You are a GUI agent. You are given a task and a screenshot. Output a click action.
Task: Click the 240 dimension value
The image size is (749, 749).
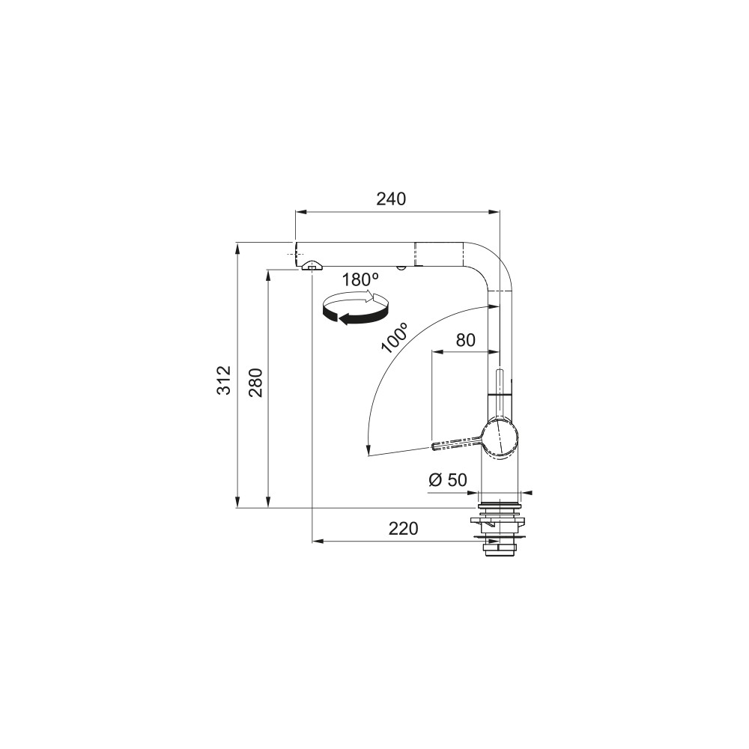pyautogui.click(x=391, y=198)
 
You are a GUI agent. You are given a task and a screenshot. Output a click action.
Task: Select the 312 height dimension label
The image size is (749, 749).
pyautogui.click(x=224, y=380)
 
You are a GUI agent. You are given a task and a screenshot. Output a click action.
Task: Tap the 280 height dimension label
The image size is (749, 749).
pyautogui.click(x=255, y=383)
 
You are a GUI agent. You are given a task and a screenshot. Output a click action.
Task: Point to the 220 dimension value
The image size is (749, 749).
pyautogui.click(x=403, y=529)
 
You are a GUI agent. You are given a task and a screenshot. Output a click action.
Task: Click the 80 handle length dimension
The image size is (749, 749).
pyautogui.click(x=466, y=340)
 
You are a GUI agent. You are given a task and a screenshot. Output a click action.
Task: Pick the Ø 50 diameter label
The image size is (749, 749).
pyautogui.click(x=448, y=479)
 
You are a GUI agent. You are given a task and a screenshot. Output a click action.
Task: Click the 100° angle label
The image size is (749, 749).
pyautogui.click(x=395, y=337)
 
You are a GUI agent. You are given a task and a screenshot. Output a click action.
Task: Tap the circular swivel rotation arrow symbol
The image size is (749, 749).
pyautogui.click(x=355, y=309)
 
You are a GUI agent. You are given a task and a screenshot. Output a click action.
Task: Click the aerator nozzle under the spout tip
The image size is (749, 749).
pyautogui.click(x=312, y=267)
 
